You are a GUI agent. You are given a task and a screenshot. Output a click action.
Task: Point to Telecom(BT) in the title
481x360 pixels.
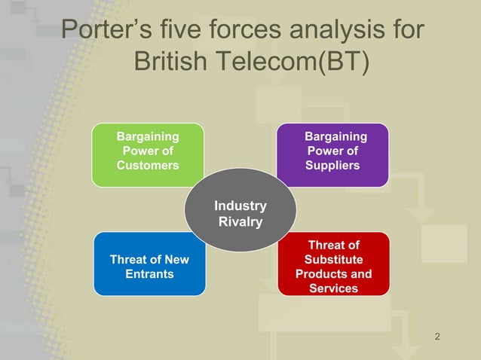pyautogui.click(x=295, y=63)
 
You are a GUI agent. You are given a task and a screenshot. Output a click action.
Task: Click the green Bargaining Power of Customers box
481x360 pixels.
pyautogui.click(x=148, y=154)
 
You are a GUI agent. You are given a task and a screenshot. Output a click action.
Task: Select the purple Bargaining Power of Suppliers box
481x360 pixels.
pyautogui.click(x=333, y=154)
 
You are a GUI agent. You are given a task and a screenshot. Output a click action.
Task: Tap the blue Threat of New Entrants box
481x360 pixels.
pyautogui.click(x=149, y=264)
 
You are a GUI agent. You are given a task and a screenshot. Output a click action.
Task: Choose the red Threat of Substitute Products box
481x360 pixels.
pyautogui.click(x=333, y=264)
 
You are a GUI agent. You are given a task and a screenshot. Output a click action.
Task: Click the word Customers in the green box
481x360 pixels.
pyautogui.click(x=148, y=165)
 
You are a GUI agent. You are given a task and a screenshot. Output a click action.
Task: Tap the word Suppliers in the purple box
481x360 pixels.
pyautogui.click(x=332, y=165)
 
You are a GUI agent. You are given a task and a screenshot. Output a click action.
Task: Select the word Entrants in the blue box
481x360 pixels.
pyautogui.click(x=149, y=274)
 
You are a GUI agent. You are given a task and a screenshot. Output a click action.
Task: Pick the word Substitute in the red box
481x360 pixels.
pyautogui.click(x=333, y=260)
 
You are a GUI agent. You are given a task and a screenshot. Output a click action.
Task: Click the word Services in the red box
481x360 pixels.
pyautogui.click(x=333, y=288)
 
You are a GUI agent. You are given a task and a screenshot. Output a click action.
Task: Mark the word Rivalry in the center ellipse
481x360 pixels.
pyautogui.click(x=240, y=222)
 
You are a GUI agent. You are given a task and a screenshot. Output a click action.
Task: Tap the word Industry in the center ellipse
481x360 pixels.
pyautogui.click(x=240, y=206)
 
